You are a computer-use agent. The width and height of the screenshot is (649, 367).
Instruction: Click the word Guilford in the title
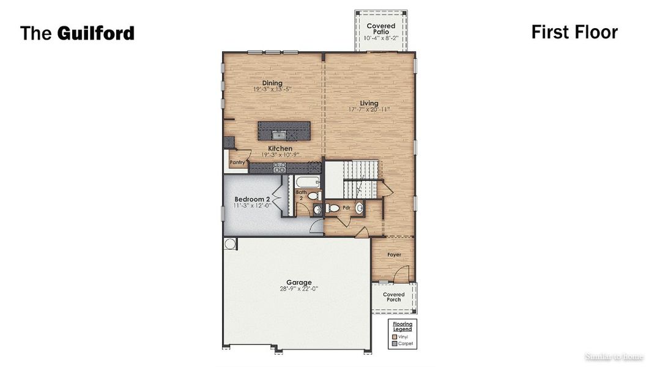pos(96,33)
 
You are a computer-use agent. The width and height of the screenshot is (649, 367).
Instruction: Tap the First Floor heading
pos(574,32)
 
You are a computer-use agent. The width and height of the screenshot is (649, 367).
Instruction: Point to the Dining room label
pos(272,83)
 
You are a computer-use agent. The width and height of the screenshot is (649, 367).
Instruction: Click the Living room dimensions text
pos(369,110)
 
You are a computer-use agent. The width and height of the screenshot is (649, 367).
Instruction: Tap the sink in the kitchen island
pos(280,133)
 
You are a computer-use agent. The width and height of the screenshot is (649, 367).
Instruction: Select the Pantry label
pos(237,163)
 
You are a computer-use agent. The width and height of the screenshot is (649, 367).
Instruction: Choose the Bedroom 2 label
pos(251,199)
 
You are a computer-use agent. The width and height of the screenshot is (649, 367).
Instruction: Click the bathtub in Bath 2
pos(305,182)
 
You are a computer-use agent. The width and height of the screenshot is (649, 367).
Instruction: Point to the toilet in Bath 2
pos(313,196)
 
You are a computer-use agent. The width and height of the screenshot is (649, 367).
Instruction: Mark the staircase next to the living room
pos(359,179)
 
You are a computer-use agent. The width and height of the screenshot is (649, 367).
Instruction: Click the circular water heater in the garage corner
pos(230,243)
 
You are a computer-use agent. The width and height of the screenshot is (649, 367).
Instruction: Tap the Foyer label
pos(394,254)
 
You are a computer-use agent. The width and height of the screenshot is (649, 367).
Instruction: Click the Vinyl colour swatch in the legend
pos(395,336)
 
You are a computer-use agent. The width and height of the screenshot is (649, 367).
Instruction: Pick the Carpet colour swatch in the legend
pos(395,344)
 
